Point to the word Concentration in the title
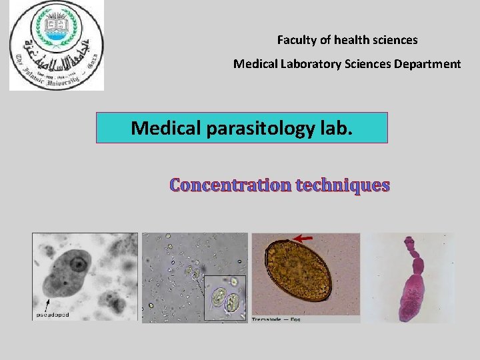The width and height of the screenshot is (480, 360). click(x=230, y=185)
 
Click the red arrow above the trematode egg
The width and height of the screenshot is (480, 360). click(x=305, y=237)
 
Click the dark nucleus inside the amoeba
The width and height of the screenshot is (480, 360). click(x=79, y=265)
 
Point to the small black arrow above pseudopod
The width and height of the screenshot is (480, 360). click(x=46, y=303)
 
